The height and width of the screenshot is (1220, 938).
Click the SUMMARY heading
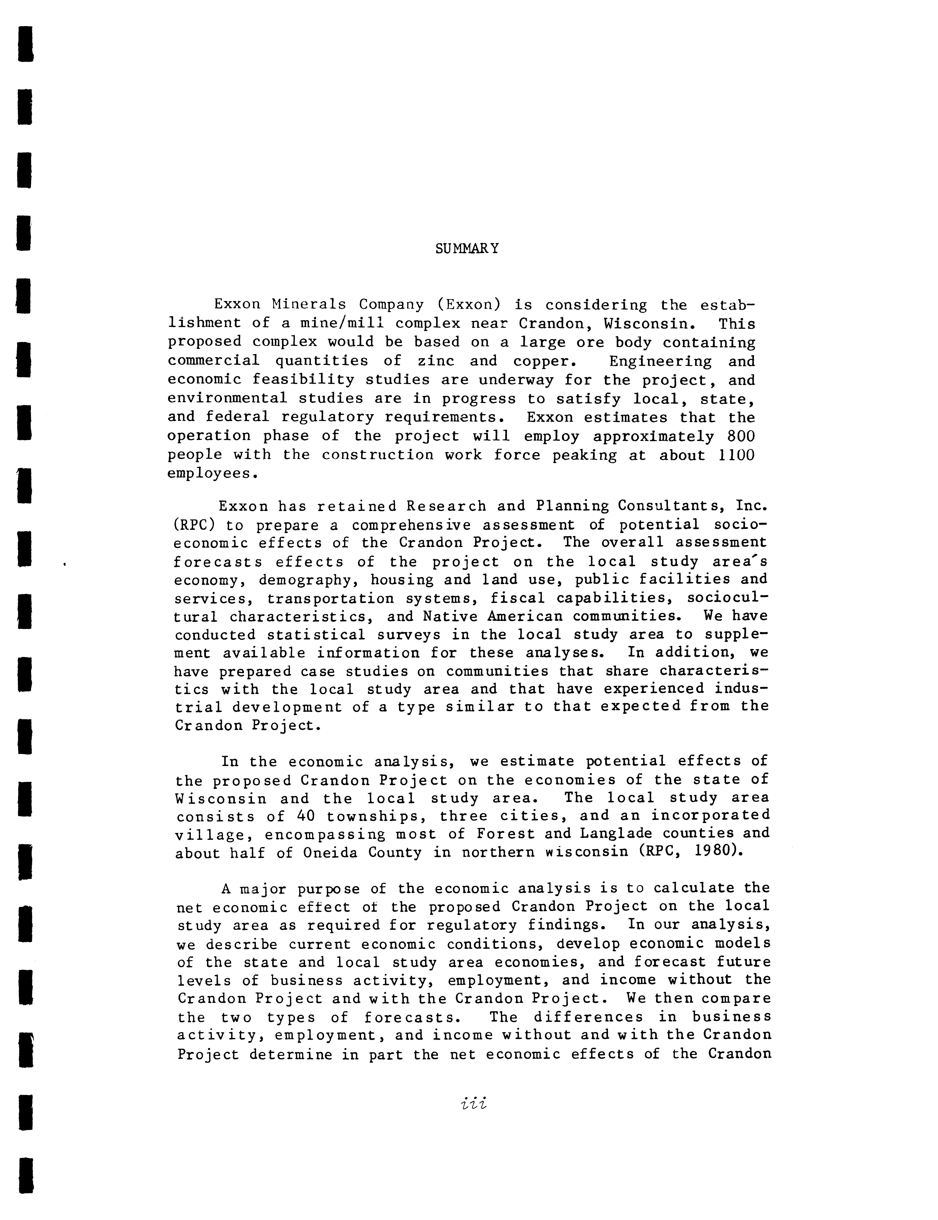467,248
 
